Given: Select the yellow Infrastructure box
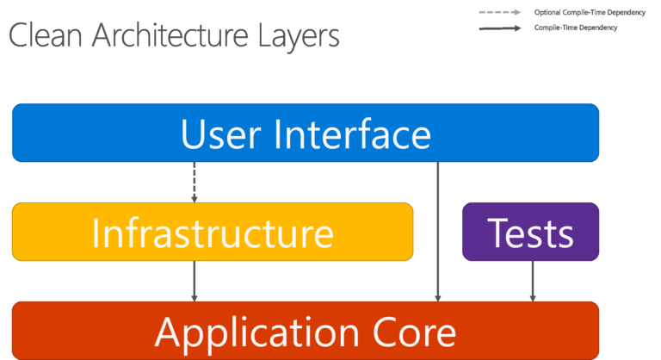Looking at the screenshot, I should click(x=213, y=233).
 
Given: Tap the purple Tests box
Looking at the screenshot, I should click(x=531, y=233).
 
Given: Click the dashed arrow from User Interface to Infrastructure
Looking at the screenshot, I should click(x=195, y=181).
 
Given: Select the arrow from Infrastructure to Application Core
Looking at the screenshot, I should click(x=195, y=280).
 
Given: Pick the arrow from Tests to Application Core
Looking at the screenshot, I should click(x=533, y=280).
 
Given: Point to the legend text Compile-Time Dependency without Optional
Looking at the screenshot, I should click(x=576, y=28).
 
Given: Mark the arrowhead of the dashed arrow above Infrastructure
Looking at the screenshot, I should click(x=195, y=199).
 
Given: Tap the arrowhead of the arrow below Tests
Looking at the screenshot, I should click(x=533, y=298).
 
